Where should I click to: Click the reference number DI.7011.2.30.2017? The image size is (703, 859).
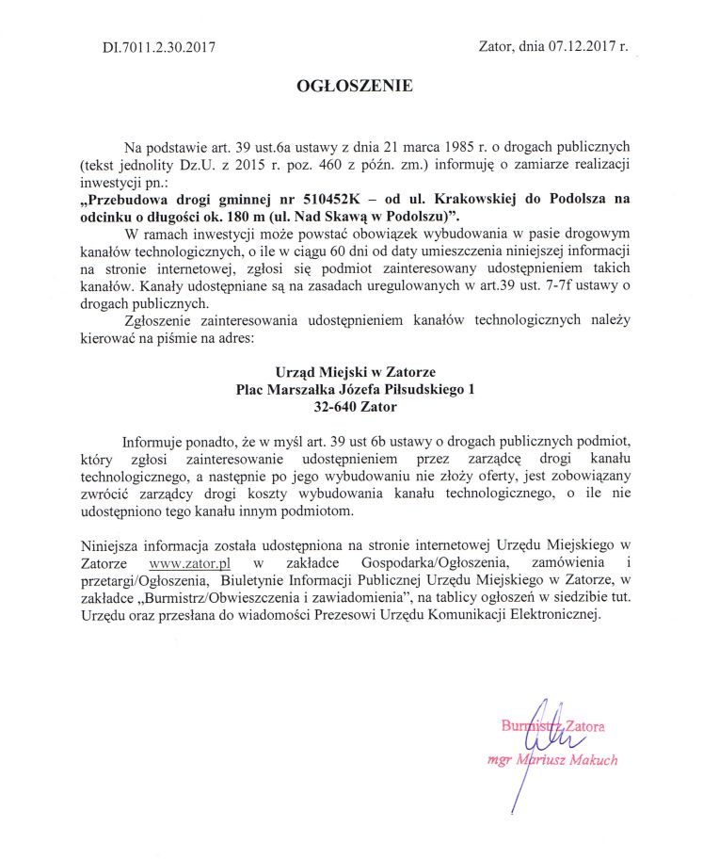point(158,47)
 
